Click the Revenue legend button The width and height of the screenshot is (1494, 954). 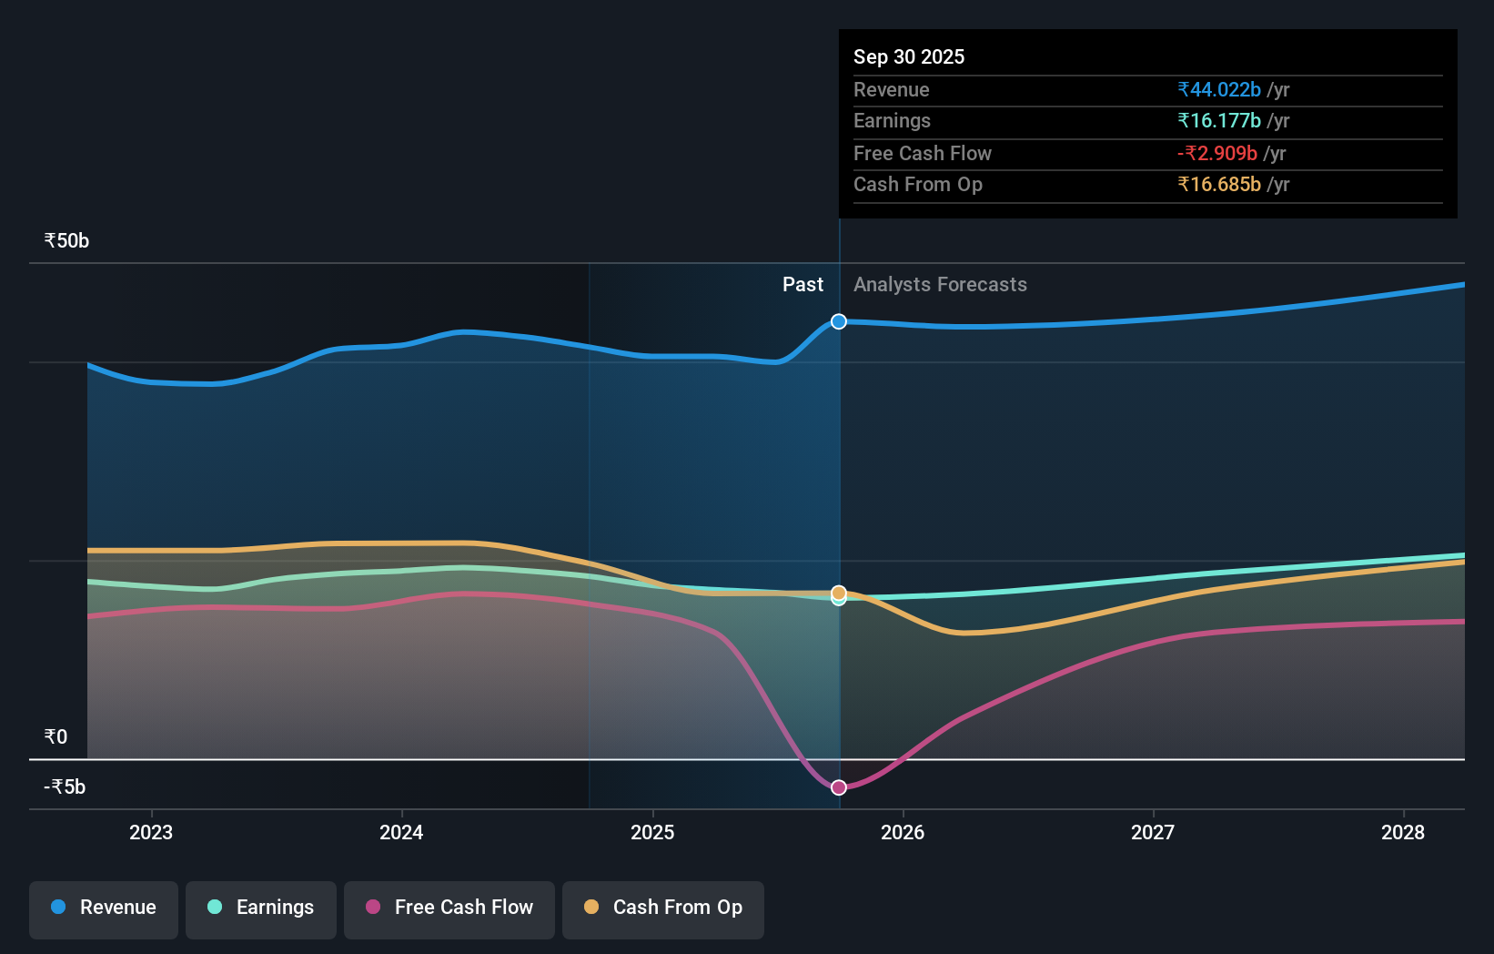(x=104, y=908)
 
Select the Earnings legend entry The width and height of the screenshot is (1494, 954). (x=261, y=908)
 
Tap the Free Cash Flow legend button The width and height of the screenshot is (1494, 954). (x=449, y=908)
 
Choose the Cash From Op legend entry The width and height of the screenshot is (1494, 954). (x=663, y=908)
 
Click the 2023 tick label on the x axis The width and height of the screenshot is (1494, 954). (x=151, y=832)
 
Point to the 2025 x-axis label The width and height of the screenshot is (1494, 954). (x=652, y=832)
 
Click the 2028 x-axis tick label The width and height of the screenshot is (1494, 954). (x=1403, y=832)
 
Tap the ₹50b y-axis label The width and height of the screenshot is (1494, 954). (x=66, y=241)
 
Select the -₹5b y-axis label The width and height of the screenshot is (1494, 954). (x=65, y=787)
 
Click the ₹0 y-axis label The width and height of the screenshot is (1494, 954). (x=56, y=737)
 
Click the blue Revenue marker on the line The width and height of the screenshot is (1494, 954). (x=839, y=321)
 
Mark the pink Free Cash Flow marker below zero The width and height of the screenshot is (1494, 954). (x=839, y=787)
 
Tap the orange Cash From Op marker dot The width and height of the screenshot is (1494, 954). (x=839, y=593)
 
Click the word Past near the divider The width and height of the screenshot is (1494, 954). (x=803, y=285)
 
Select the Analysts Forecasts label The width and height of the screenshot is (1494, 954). (x=940, y=285)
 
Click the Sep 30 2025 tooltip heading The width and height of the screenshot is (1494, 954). (x=909, y=56)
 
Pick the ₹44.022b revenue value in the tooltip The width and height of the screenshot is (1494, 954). (x=1219, y=89)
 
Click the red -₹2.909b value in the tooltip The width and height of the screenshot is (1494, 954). (x=1217, y=153)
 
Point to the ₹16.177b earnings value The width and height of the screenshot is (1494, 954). (x=1219, y=121)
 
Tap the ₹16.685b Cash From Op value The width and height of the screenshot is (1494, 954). (x=1219, y=185)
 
